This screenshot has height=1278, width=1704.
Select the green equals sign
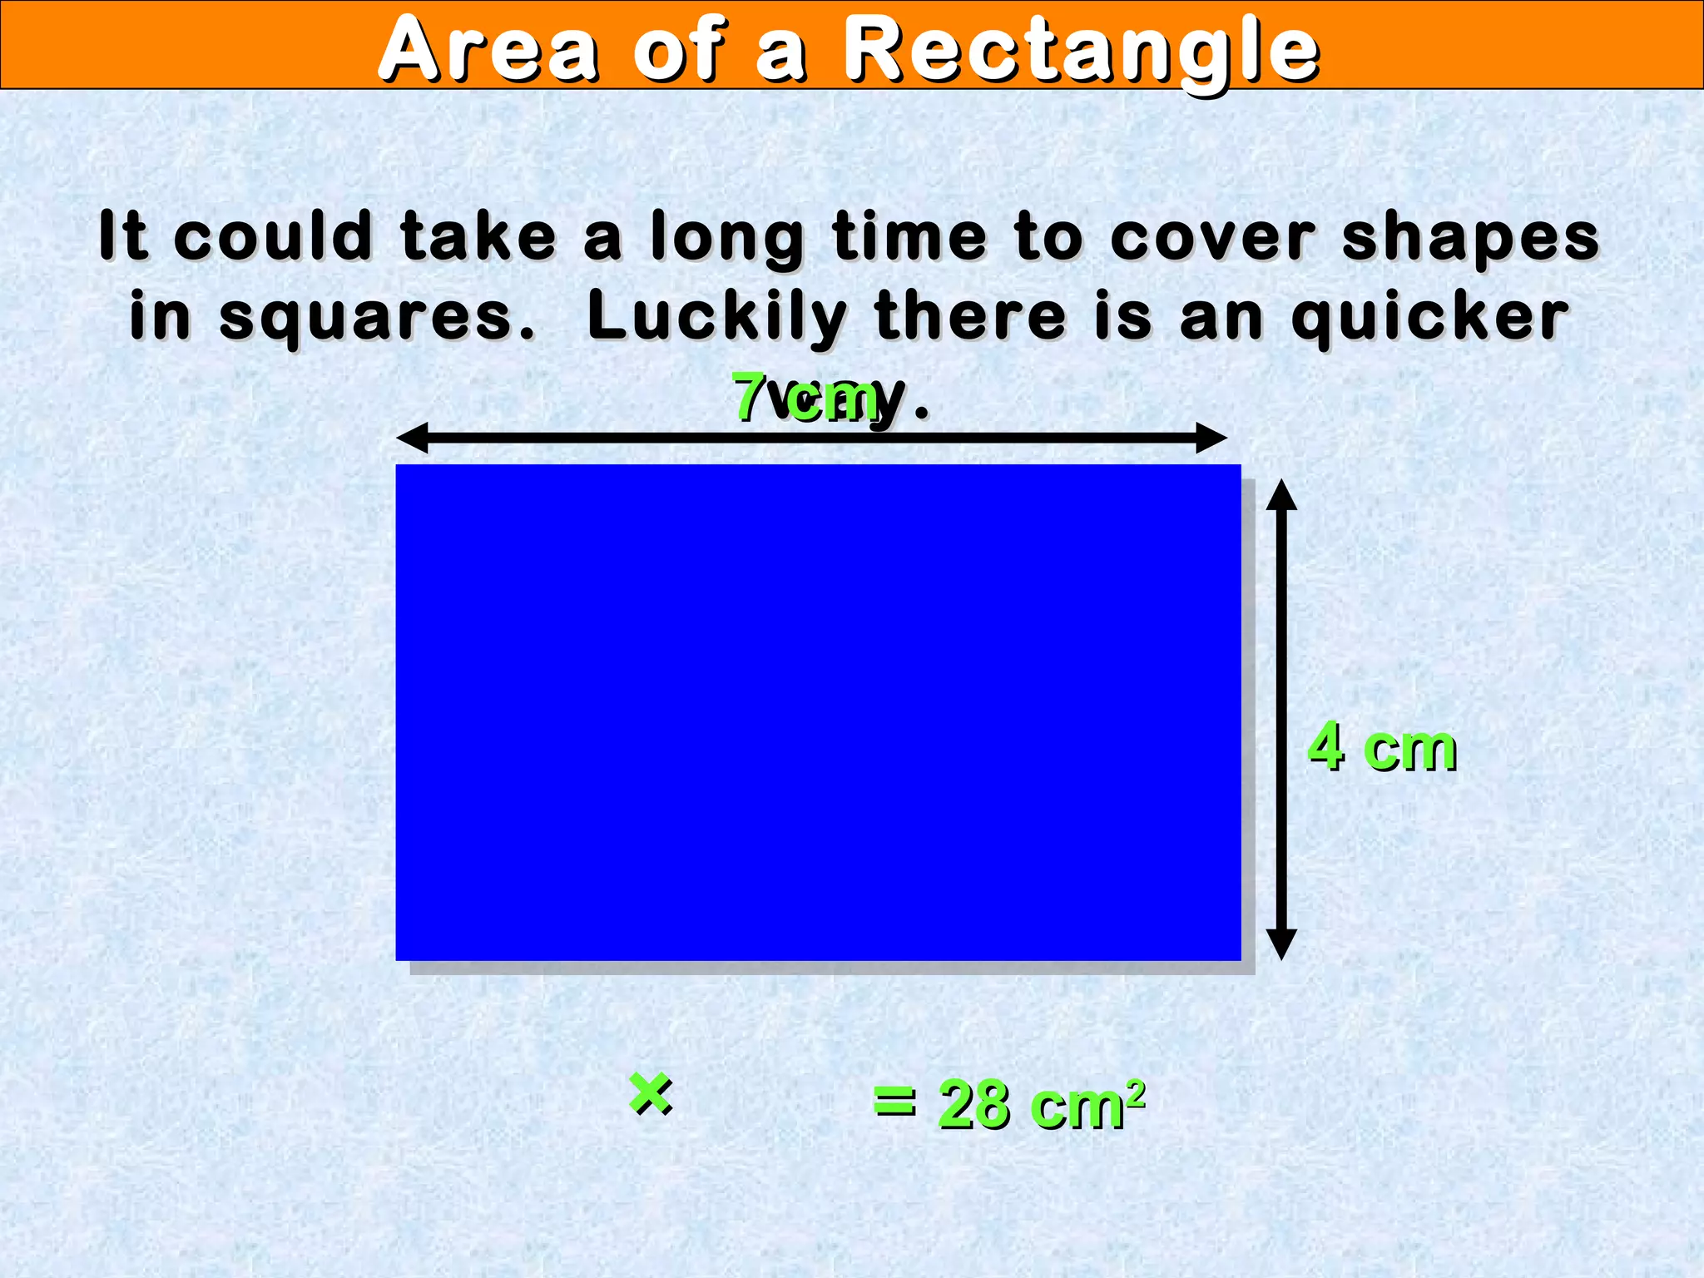894,1102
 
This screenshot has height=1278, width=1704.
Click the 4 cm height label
1382,747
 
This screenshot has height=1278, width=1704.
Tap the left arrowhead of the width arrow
411,438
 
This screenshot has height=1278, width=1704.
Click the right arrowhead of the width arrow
1211,438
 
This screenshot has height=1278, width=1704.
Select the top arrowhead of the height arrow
1281,494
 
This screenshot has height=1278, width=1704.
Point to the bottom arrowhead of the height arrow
1281,945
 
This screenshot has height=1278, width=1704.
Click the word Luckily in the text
716,317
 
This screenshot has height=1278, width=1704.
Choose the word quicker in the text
1429,319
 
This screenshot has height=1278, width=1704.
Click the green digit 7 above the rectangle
749,398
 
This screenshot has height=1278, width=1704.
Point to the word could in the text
273,236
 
